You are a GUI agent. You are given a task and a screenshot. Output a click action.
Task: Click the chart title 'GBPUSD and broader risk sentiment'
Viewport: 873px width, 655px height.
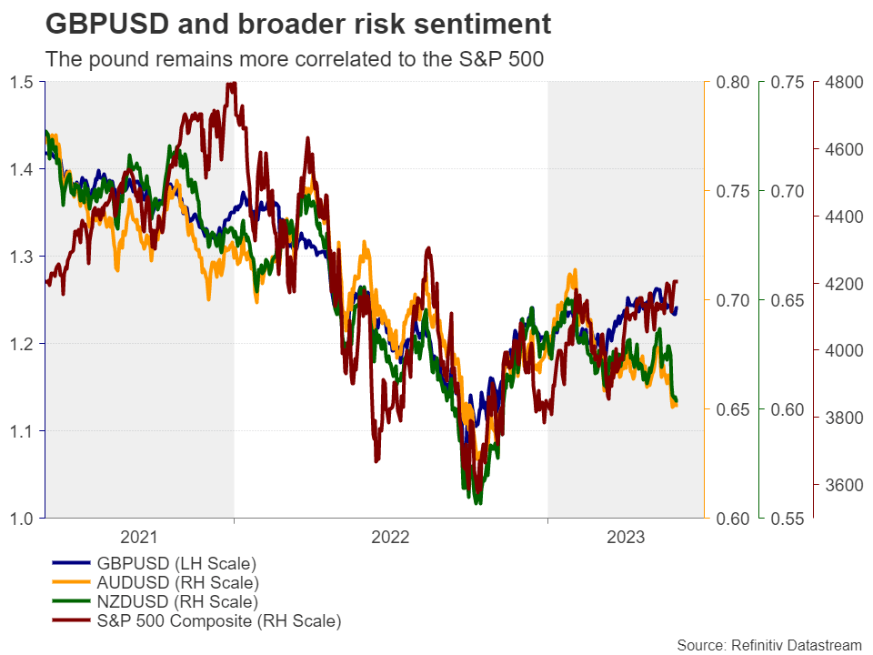click(297, 25)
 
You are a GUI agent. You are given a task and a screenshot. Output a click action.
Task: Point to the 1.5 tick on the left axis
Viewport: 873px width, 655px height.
click(22, 83)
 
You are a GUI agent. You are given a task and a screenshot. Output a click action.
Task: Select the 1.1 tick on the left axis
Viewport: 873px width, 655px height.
click(22, 431)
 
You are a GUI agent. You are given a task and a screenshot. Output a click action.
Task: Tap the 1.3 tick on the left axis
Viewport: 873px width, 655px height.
click(22, 257)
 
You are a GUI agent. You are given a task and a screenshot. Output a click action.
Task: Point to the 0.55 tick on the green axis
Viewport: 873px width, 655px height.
click(788, 519)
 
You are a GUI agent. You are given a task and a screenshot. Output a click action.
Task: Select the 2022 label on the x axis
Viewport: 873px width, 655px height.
click(390, 538)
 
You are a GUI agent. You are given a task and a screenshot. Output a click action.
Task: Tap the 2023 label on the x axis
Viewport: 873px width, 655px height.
click(626, 538)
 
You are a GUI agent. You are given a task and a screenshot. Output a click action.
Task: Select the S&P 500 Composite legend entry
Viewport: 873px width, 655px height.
click(218, 622)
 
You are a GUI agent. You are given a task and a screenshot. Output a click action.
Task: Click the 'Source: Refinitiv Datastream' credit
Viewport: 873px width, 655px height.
click(768, 645)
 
